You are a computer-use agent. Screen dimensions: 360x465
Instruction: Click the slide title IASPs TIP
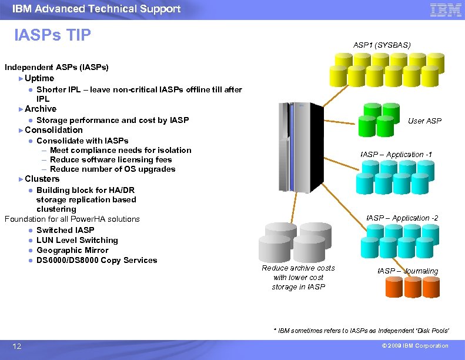coord(53,36)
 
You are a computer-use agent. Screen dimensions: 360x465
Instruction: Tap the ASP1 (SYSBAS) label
coord(382,45)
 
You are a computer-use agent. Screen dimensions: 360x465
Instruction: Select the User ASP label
coord(424,121)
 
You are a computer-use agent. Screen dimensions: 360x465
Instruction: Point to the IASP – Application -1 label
coord(396,154)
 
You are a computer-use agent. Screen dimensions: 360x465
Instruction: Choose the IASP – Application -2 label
coord(402,218)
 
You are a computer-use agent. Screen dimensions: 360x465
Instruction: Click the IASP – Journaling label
coord(407,271)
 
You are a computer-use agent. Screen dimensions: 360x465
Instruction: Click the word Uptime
coord(39,78)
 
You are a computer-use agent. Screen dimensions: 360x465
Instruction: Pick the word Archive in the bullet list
coord(41,109)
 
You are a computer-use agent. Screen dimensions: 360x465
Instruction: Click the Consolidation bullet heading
coord(53,130)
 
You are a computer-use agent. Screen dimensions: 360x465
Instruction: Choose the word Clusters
coord(42,179)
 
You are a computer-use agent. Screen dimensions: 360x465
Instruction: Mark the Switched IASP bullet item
coord(65,230)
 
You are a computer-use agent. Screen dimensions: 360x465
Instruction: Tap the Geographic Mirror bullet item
coord(72,250)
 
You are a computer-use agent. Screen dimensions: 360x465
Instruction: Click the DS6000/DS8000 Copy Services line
coord(96,260)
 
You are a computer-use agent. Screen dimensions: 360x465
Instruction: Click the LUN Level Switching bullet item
coord(76,240)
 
